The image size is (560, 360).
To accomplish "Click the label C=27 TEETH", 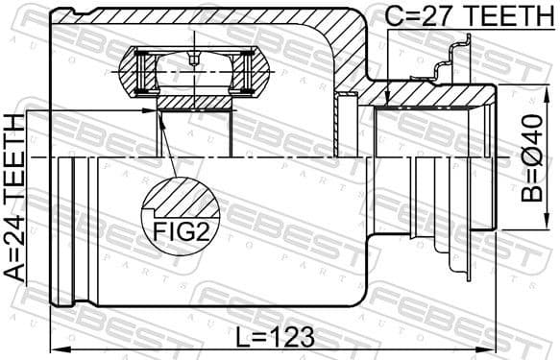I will click(458, 16).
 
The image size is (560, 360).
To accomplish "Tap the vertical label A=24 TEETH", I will click(13, 197).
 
